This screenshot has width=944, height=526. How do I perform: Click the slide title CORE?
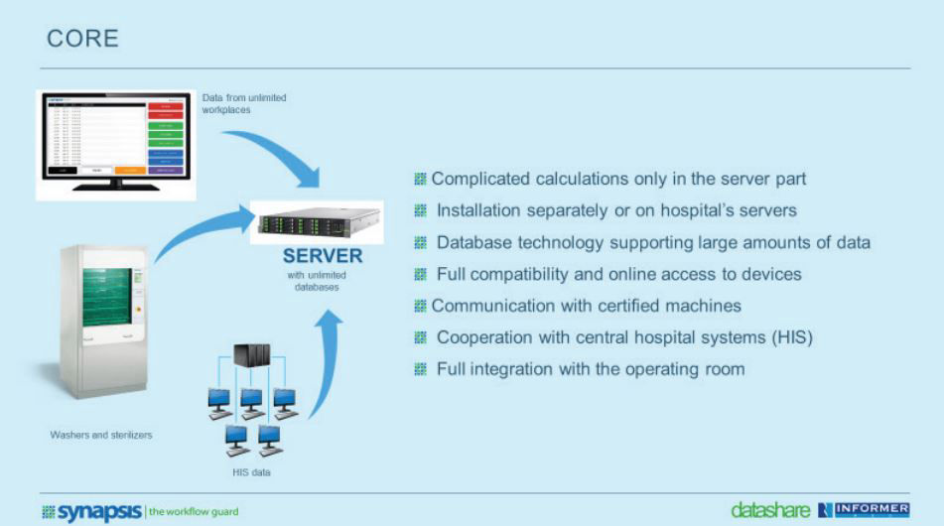[83, 39]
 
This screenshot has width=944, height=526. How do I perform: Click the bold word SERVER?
[323, 256]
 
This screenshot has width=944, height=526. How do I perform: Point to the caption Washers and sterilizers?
[101, 435]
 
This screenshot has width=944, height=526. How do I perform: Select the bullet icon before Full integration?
[420, 369]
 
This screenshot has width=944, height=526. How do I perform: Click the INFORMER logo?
[864, 510]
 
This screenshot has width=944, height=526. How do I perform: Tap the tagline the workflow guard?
[194, 511]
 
